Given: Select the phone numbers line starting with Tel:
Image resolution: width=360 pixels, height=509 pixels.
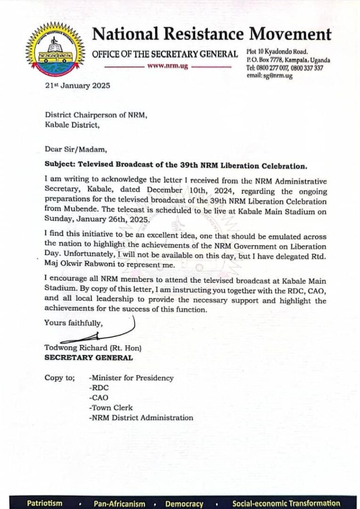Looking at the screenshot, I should (285, 68).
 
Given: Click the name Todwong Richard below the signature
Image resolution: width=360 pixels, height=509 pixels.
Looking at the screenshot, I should (76, 348).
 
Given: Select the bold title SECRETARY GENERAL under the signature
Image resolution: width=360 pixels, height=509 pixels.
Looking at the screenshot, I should (89, 357).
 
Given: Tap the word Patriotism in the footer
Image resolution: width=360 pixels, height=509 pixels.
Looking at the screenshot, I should (45, 503).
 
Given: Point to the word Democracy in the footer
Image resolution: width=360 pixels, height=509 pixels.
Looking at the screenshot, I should (184, 503).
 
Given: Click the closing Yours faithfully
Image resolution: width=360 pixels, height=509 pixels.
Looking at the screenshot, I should (73, 323).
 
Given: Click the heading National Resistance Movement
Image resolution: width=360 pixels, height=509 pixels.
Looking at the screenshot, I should (212, 34).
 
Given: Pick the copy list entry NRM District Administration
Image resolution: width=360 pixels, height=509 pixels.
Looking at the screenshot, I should (141, 418).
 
